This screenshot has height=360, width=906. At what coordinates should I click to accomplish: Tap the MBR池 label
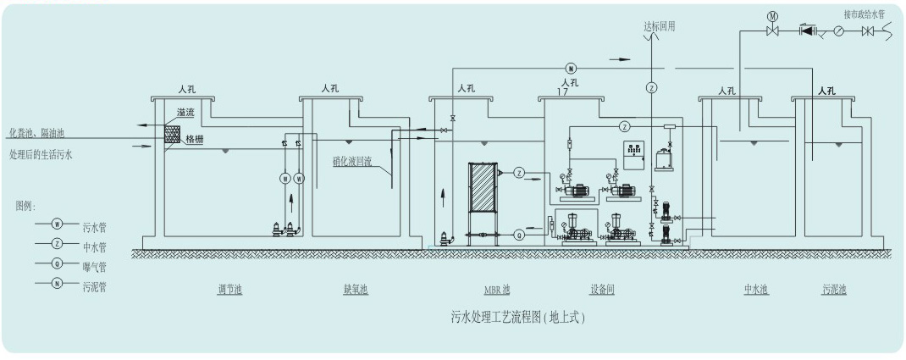tap(497, 291)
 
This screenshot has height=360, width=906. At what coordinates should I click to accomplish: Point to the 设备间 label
tap(601, 291)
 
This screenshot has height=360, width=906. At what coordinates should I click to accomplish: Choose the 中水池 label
tap(755, 291)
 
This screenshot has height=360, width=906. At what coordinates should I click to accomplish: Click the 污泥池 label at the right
tap(833, 291)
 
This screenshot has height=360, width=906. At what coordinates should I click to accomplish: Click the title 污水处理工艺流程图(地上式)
tap(518, 318)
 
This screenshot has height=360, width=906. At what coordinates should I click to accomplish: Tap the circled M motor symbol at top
tap(772, 15)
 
